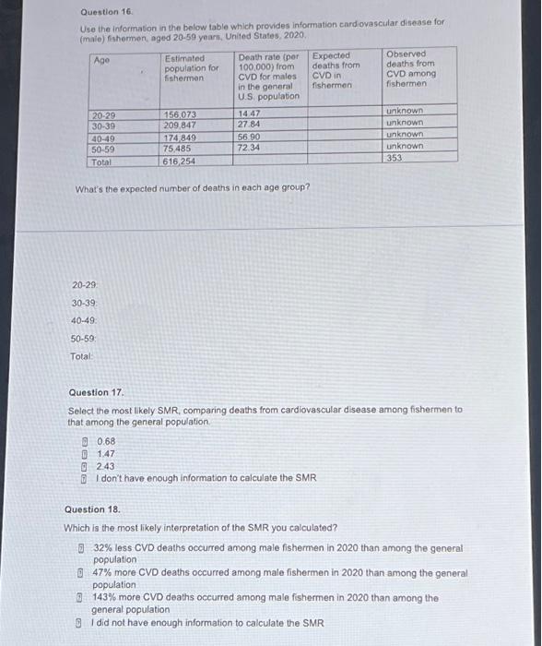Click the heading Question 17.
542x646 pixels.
[97, 392]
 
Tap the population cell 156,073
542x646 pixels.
[181, 114]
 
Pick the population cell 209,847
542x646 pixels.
[181, 126]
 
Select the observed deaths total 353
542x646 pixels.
[395, 158]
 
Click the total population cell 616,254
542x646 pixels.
[181, 161]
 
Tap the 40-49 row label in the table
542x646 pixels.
[104, 138]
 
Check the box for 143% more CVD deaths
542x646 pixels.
[81, 598]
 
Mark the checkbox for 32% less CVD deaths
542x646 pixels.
[81, 548]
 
